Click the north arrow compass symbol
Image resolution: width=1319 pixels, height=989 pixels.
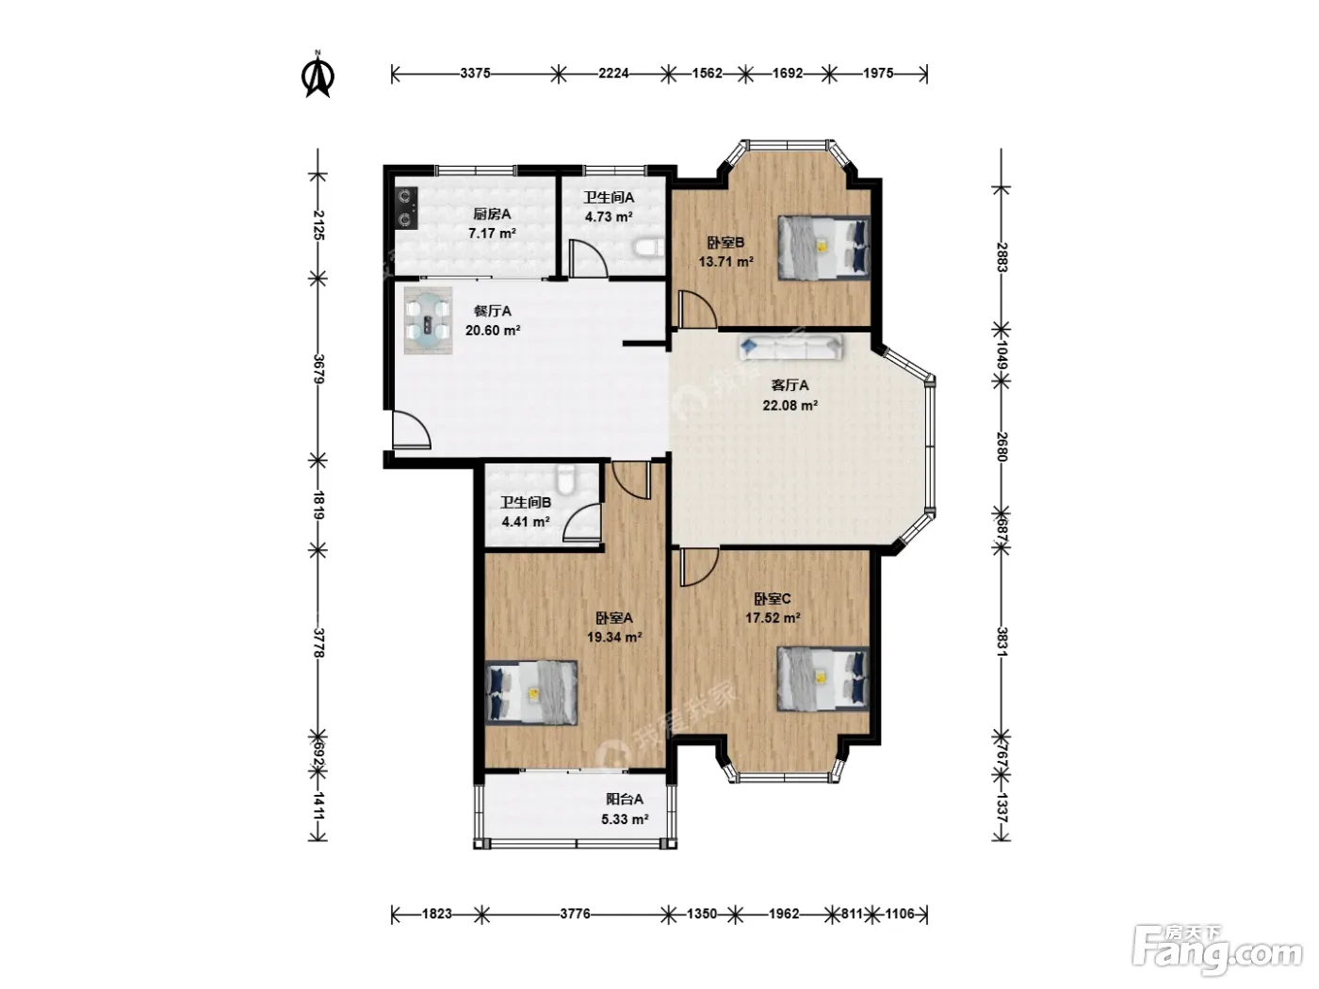tap(318, 73)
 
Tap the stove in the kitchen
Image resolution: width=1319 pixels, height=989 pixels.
tap(407, 208)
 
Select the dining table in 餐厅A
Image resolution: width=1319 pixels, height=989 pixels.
tap(427, 320)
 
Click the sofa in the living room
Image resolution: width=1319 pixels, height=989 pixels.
tap(790, 348)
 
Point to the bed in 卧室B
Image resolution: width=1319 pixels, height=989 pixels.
tap(823, 248)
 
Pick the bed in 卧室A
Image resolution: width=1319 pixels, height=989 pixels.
tap(531, 693)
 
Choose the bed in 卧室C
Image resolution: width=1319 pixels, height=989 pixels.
tap(823, 679)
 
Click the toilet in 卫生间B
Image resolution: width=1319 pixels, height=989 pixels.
tap(565, 478)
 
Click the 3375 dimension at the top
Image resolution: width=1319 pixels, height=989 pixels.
tap(476, 73)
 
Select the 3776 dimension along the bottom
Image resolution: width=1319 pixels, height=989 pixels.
tap(575, 914)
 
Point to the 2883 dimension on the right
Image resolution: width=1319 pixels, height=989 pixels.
tap(1001, 257)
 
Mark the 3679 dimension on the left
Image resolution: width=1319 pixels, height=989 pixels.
tap(318, 369)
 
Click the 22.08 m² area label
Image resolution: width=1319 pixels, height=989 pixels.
tap(790, 405)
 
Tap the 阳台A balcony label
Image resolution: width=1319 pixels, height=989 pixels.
tap(625, 800)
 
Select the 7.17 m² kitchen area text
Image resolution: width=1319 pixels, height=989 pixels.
tap(492, 233)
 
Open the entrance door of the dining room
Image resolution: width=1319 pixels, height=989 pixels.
tap(412, 430)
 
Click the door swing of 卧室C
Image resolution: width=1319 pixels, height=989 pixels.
tap(699, 567)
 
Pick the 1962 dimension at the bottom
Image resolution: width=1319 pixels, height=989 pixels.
tap(784, 914)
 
